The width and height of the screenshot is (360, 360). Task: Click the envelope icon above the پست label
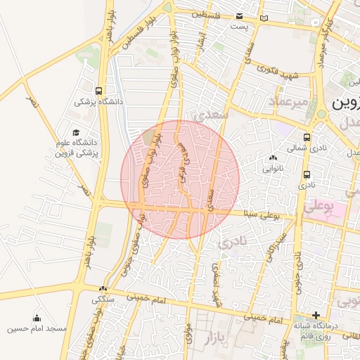pos(240,15)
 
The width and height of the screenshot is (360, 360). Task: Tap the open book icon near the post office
pos(264,18)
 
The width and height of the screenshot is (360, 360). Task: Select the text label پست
pos(240,26)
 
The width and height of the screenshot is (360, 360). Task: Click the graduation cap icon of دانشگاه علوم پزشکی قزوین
pos(75,133)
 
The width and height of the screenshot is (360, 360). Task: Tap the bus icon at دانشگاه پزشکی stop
pos(98,91)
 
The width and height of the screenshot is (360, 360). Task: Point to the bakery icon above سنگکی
pos(103,288)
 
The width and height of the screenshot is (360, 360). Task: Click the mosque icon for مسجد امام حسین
pos(37,318)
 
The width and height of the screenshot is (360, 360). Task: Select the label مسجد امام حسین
pos(37,328)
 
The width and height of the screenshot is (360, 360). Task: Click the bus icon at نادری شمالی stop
pos(307,138)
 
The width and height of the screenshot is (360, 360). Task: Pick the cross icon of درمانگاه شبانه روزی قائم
pos(316,316)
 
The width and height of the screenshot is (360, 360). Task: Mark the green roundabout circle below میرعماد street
pos(321,113)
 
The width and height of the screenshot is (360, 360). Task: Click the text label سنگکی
pos(103,299)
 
